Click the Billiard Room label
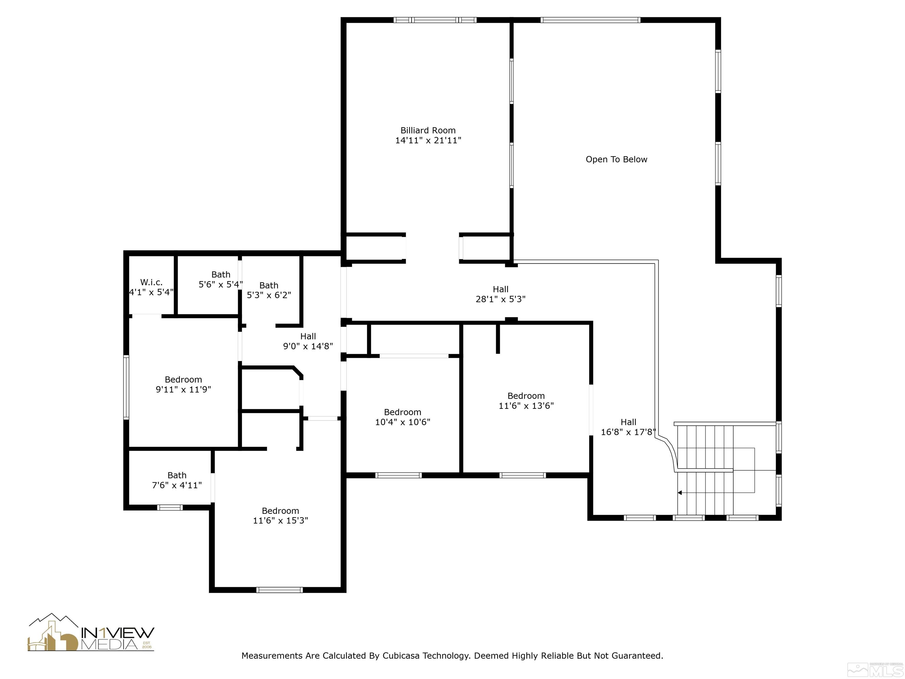(x=428, y=131)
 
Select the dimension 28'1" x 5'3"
(x=500, y=299)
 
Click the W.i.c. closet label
(x=151, y=282)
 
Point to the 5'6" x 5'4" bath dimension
(x=221, y=284)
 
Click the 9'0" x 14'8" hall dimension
(x=308, y=346)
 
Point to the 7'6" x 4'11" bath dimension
(x=177, y=485)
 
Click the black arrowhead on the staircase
(x=680, y=493)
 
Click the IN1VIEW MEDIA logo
(x=91, y=633)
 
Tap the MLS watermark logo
(x=880, y=668)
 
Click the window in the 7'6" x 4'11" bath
(x=170, y=507)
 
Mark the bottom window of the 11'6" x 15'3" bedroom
(x=280, y=590)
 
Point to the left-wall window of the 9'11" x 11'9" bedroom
(x=126, y=387)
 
